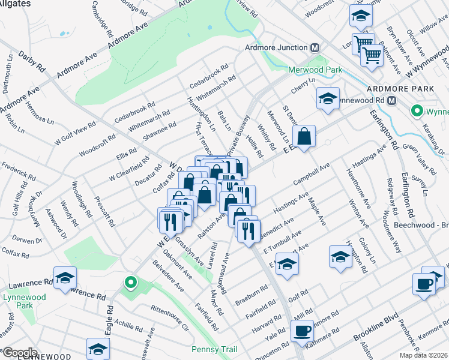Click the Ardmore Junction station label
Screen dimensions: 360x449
click(276, 48)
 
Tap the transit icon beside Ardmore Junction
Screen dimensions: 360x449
click(315, 48)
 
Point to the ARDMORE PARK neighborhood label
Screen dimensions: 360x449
click(411, 88)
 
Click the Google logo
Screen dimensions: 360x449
click(19, 352)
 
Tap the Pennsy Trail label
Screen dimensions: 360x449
click(214, 349)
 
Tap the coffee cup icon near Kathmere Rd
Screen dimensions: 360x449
click(302, 331)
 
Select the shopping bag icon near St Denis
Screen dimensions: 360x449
click(305, 136)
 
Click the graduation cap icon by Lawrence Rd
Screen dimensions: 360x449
click(65, 278)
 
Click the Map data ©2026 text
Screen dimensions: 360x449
click(423, 355)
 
